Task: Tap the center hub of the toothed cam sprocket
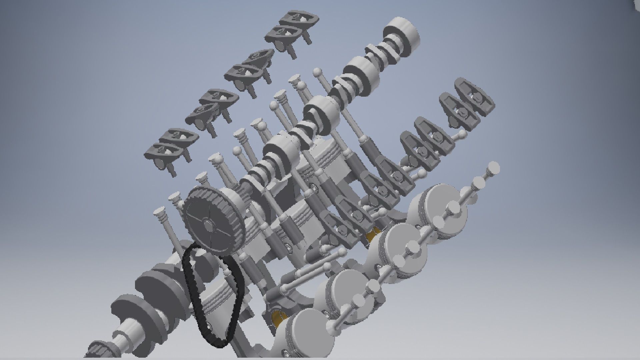[x=209, y=225]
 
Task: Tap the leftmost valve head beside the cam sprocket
[x=159, y=211]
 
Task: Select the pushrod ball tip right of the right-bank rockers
[x=463, y=134]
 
